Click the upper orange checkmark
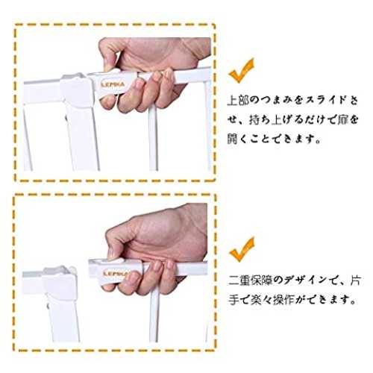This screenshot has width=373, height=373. pyautogui.click(x=241, y=72)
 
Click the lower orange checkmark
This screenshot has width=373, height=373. pyautogui.click(x=241, y=250)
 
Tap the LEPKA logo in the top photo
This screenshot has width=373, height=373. pyautogui.click(x=113, y=84)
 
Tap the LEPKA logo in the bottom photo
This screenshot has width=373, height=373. pyautogui.click(x=116, y=274)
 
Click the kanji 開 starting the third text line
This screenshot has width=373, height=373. pyautogui.click(x=233, y=139)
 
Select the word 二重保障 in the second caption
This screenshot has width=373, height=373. pyautogui.click(x=252, y=280)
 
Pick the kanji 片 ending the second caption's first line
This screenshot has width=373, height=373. pyautogui.click(x=354, y=280)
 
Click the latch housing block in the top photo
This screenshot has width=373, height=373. pyautogui.click(x=77, y=90)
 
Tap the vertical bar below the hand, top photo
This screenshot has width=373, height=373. pyautogui.click(x=153, y=140)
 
